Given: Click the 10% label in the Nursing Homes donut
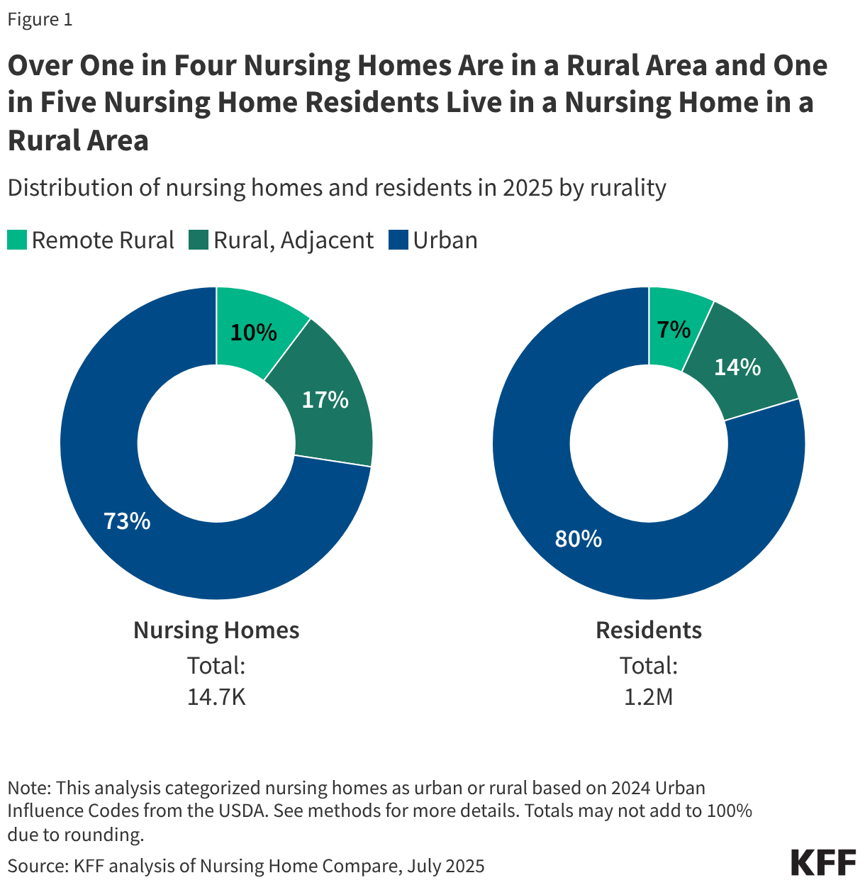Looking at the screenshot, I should [x=253, y=332].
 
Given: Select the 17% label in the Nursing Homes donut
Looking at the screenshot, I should [x=325, y=400].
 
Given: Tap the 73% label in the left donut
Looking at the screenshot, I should [x=127, y=521].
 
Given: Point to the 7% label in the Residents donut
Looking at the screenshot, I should [x=674, y=329].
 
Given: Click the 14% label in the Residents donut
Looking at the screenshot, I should [x=737, y=367].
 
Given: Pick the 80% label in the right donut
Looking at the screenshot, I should [x=578, y=539].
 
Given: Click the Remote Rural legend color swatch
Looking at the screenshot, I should [x=17, y=240].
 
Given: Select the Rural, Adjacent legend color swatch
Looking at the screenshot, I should [x=198, y=240].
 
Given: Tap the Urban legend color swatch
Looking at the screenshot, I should [x=398, y=240].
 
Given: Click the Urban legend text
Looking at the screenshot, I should [x=445, y=240].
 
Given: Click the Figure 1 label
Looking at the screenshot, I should [x=40, y=20].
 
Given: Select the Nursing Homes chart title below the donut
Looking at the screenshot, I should [x=216, y=630].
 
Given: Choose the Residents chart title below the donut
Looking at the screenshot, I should [x=648, y=630].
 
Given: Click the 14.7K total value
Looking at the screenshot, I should [x=216, y=697].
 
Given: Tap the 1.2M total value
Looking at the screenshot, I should [x=648, y=697].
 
